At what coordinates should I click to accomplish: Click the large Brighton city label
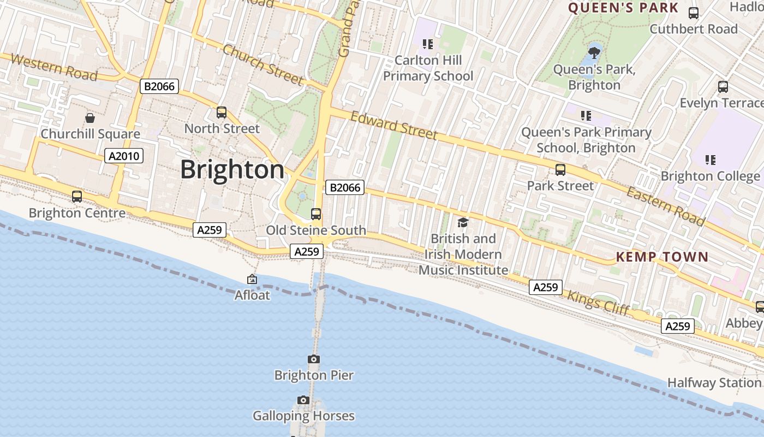232,169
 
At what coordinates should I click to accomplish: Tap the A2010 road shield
124,156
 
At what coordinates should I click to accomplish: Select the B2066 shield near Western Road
159,86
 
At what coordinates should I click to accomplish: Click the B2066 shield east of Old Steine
345,187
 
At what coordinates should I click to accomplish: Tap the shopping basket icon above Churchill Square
90,118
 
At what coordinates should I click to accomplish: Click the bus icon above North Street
221,113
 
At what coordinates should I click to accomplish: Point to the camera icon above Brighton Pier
314,359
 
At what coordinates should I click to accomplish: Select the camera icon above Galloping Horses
303,400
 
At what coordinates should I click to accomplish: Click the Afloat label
252,295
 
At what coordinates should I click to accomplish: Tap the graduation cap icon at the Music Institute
463,222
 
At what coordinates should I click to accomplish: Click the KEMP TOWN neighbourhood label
662,257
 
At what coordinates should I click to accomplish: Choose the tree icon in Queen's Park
594,53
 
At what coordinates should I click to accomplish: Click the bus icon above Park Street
560,170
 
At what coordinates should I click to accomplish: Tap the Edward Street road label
394,126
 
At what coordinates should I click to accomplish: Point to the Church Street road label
263,64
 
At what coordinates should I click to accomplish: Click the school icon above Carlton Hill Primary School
428,44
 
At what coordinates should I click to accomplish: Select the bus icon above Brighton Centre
77,197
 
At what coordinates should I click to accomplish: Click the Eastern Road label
665,206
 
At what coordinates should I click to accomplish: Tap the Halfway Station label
714,382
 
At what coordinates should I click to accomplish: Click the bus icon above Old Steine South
316,214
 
